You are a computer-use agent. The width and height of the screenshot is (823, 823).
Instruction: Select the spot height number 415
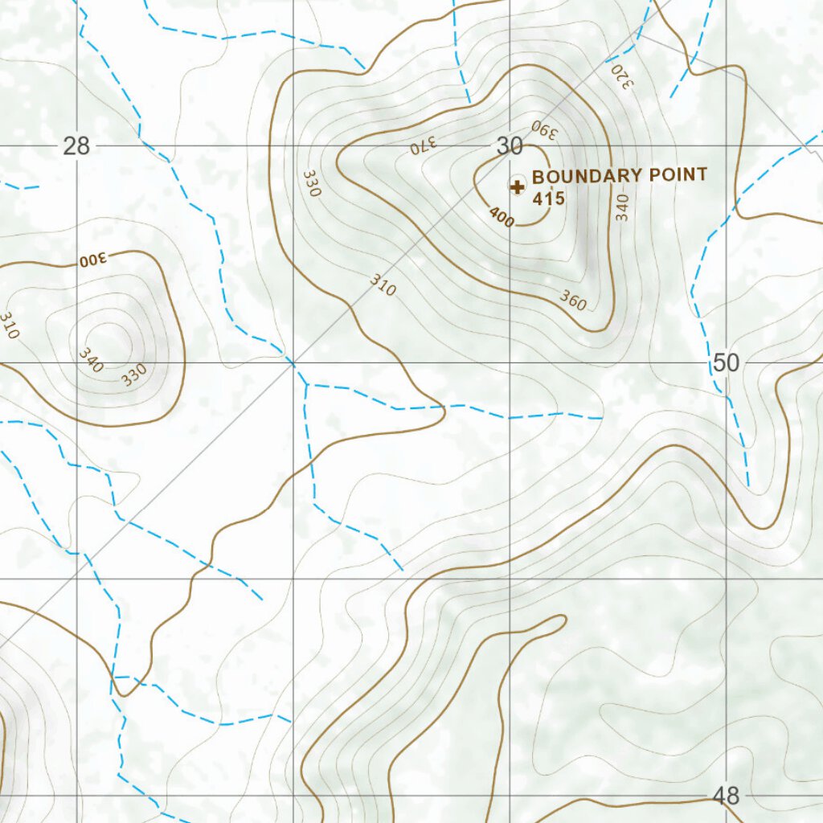pyautogui.click(x=549, y=199)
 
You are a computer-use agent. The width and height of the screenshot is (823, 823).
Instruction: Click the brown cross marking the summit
pyautogui.click(x=518, y=187)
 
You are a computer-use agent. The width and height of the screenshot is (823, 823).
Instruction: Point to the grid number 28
pyautogui.click(x=76, y=146)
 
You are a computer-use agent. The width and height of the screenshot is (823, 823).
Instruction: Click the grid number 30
pyautogui.click(x=509, y=146)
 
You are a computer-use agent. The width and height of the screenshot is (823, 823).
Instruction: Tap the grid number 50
pyautogui.click(x=726, y=363)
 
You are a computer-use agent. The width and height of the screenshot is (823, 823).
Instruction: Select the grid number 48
pyautogui.click(x=726, y=796)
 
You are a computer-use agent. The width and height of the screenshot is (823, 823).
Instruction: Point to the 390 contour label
pyautogui.click(x=543, y=129)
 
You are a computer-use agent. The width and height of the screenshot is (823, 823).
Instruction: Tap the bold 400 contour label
pyautogui.click(x=501, y=217)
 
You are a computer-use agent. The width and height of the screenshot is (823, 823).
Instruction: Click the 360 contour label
pyautogui.click(x=573, y=301)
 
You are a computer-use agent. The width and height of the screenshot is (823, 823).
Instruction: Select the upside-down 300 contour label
pyautogui.click(x=93, y=260)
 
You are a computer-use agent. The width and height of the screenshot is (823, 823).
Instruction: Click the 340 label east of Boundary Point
pyautogui.click(x=622, y=207)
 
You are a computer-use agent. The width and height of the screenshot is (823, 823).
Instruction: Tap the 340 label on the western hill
pyautogui.click(x=91, y=360)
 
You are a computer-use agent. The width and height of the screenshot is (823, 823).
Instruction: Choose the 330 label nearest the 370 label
pyautogui.click(x=312, y=183)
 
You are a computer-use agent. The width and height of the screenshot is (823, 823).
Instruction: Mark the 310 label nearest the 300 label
pyautogui.click(x=8, y=326)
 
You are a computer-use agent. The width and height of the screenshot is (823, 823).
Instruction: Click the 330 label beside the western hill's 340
pyautogui.click(x=134, y=374)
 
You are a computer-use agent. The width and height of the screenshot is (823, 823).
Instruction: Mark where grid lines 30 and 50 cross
pyautogui.click(x=510, y=362)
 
